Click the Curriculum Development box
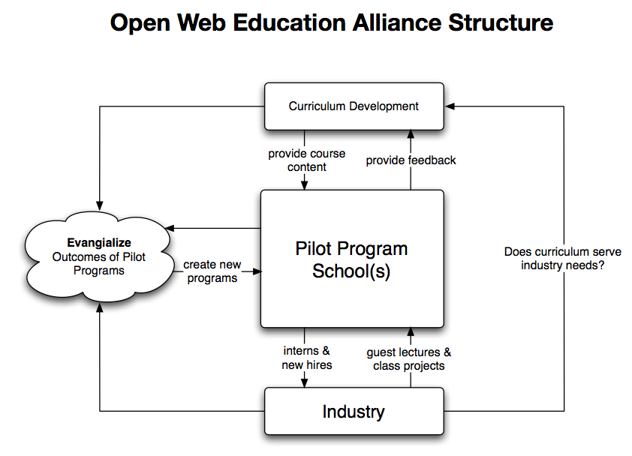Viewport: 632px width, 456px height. [x=353, y=106]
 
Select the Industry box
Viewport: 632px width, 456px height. [x=353, y=411]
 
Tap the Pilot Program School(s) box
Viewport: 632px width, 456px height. [x=351, y=259]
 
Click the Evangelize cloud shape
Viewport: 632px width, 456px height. [x=98, y=256]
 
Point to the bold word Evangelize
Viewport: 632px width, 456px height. [x=99, y=242]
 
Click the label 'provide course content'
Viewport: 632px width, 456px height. [x=307, y=160]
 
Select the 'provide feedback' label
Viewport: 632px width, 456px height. [x=411, y=160]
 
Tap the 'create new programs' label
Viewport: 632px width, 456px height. [x=212, y=271]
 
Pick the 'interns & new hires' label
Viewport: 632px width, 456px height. [x=307, y=358]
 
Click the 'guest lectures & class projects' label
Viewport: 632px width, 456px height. [x=409, y=358]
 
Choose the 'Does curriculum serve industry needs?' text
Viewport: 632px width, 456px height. [x=562, y=259]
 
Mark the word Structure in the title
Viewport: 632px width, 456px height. [x=501, y=22]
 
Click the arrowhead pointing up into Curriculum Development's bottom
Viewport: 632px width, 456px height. [x=411, y=133]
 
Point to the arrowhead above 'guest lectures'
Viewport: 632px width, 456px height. [x=411, y=332]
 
